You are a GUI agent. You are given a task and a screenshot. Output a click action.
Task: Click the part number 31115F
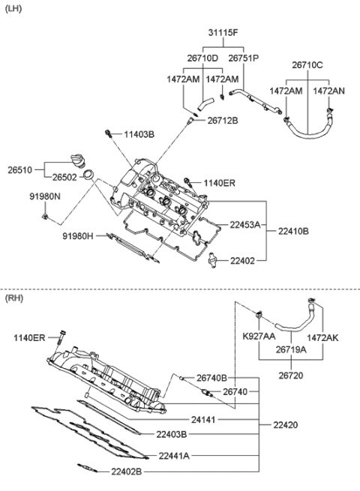[223, 32]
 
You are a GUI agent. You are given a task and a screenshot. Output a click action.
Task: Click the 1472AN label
[329, 91]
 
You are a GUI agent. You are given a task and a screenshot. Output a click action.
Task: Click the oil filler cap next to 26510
[76, 160]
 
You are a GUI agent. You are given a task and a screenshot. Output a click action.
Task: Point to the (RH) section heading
[14, 298]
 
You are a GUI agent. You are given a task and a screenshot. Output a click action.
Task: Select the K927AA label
[259, 338]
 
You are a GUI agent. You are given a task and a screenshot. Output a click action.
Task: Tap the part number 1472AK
[322, 338]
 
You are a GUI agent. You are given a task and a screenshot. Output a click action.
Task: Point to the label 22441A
[174, 455]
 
